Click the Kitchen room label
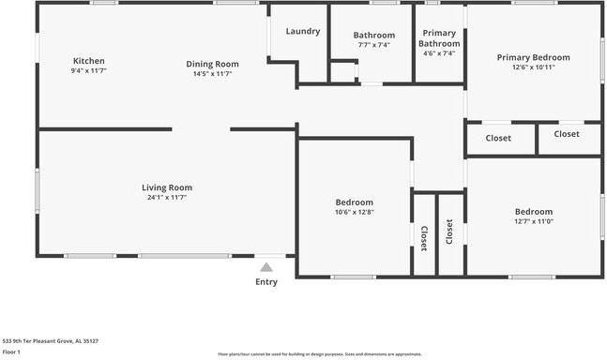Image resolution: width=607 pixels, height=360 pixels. (x=88, y=61)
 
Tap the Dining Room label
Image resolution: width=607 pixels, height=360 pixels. (x=212, y=64)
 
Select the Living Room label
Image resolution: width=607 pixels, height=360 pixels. (x=167, y=187)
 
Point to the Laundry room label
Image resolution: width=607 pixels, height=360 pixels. (x=303, y=31)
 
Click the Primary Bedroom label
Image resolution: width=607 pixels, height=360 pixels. (x=534, y=57)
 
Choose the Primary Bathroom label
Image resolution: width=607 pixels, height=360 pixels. (x=439, y=38)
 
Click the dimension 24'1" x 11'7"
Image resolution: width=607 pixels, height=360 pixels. (x=167, y=198)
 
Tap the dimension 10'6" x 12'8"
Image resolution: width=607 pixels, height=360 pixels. (x=355, y=212)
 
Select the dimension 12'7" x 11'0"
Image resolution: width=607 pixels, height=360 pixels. (x=533, y=221)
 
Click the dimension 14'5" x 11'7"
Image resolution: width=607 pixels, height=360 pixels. (x=212, y=73)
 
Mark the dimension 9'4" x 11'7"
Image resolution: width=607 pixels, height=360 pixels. (x=88, y=71)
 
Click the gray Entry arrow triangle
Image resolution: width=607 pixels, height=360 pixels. (x=266, y=268)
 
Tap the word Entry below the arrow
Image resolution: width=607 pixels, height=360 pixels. (x=266, y=282)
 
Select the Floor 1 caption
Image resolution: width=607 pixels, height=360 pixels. (x=12, y=352)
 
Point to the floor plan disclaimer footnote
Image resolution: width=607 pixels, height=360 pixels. (x=319, y=354)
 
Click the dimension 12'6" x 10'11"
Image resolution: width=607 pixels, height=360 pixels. (x=534, y=67)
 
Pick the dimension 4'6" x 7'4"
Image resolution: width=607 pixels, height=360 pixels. (x=439, y=53)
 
